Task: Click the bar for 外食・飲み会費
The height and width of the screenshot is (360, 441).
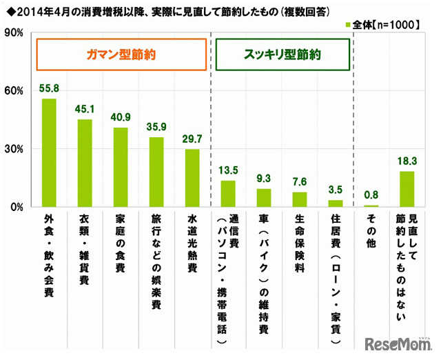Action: point(49,153)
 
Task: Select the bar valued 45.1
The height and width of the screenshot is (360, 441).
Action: point(85,163)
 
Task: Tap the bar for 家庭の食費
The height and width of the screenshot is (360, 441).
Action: point(121,168)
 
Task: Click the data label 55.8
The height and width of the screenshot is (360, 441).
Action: point(49,90)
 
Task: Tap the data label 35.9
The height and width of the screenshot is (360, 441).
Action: point(156,128)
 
